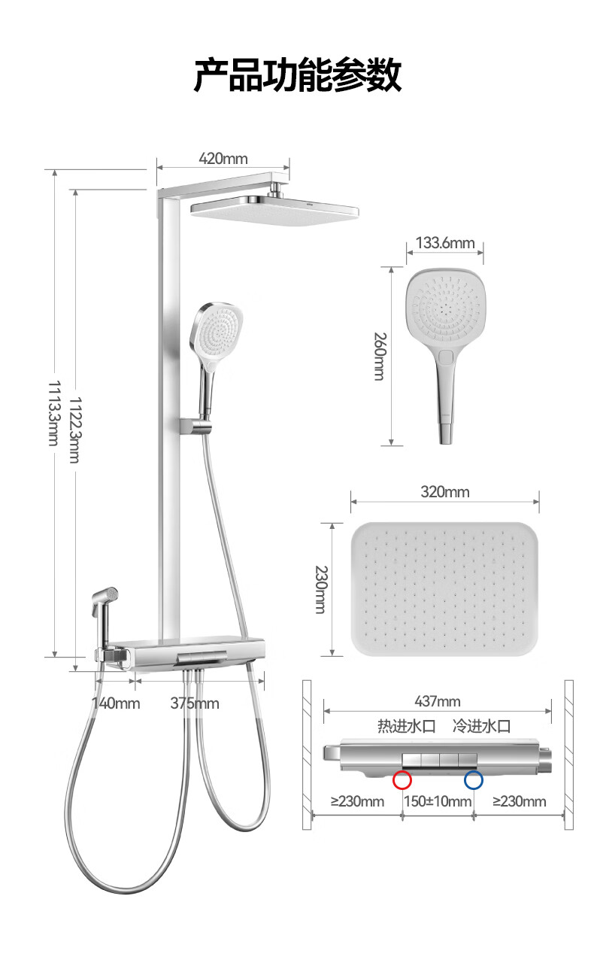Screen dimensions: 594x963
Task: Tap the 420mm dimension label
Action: [223, 159]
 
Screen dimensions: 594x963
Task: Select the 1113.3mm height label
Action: [53, 413]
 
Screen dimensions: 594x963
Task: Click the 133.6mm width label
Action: [445, 243]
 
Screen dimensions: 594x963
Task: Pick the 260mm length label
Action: [380, 357]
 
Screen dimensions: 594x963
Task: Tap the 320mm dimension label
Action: [445, 492]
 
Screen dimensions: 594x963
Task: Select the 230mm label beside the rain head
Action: [321, 589]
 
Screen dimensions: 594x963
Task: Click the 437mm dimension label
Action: [438, 701]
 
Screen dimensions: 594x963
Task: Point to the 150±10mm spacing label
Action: [438, 801]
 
